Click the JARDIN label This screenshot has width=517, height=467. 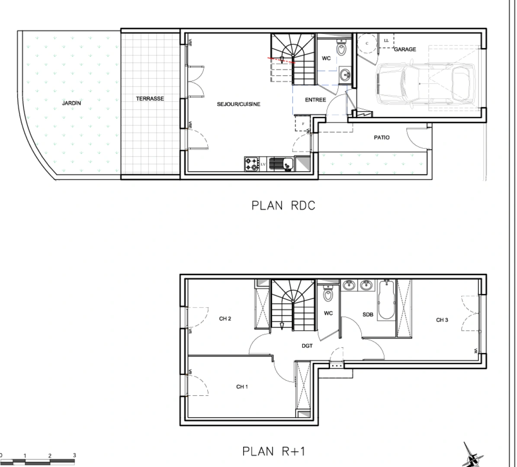coord(71,103)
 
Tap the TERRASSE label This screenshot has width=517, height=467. coord(150,99)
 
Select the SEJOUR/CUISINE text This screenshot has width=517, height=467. coord(238,104)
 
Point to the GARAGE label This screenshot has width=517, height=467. coord(405,49)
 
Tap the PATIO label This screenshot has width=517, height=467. coord(382,138)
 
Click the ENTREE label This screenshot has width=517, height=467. coord(315,100)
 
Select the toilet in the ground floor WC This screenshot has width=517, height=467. coord(342,49)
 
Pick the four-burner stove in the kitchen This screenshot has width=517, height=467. coord(251,164)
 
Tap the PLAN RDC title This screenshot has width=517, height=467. coord(283,205)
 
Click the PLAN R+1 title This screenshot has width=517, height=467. coord(274,451)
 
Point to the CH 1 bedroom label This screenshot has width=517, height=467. coord(242,387)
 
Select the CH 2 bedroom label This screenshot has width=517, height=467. coord(225,319)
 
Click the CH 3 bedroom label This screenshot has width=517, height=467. coord(442,320)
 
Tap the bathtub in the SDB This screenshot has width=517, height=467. coord(384,301)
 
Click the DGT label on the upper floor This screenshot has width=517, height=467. coord(307,346)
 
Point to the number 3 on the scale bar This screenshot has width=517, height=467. coord(74,455)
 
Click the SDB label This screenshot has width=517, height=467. coord(368,315)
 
